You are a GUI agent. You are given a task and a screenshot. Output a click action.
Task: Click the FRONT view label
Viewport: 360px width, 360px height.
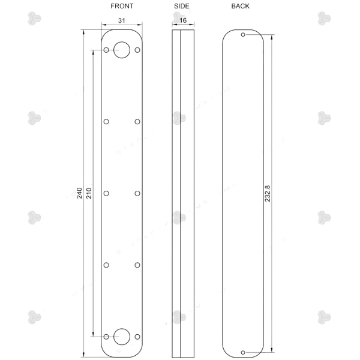point(122,6)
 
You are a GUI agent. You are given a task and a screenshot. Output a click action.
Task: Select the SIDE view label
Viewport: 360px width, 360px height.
point(182,6)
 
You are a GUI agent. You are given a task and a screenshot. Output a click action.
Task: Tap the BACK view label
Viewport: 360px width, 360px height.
point(240,6)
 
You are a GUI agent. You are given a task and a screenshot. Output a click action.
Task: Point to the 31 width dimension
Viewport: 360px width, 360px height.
point(121,20)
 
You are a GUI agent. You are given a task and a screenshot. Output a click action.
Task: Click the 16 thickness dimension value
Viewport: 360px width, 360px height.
point(183,20)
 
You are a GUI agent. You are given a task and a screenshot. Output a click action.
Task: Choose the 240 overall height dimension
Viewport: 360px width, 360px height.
point(79,193)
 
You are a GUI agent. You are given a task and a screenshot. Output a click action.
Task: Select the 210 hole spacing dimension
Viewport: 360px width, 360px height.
point(89,193)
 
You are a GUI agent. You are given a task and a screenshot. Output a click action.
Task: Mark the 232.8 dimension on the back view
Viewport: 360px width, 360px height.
point(268,194)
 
